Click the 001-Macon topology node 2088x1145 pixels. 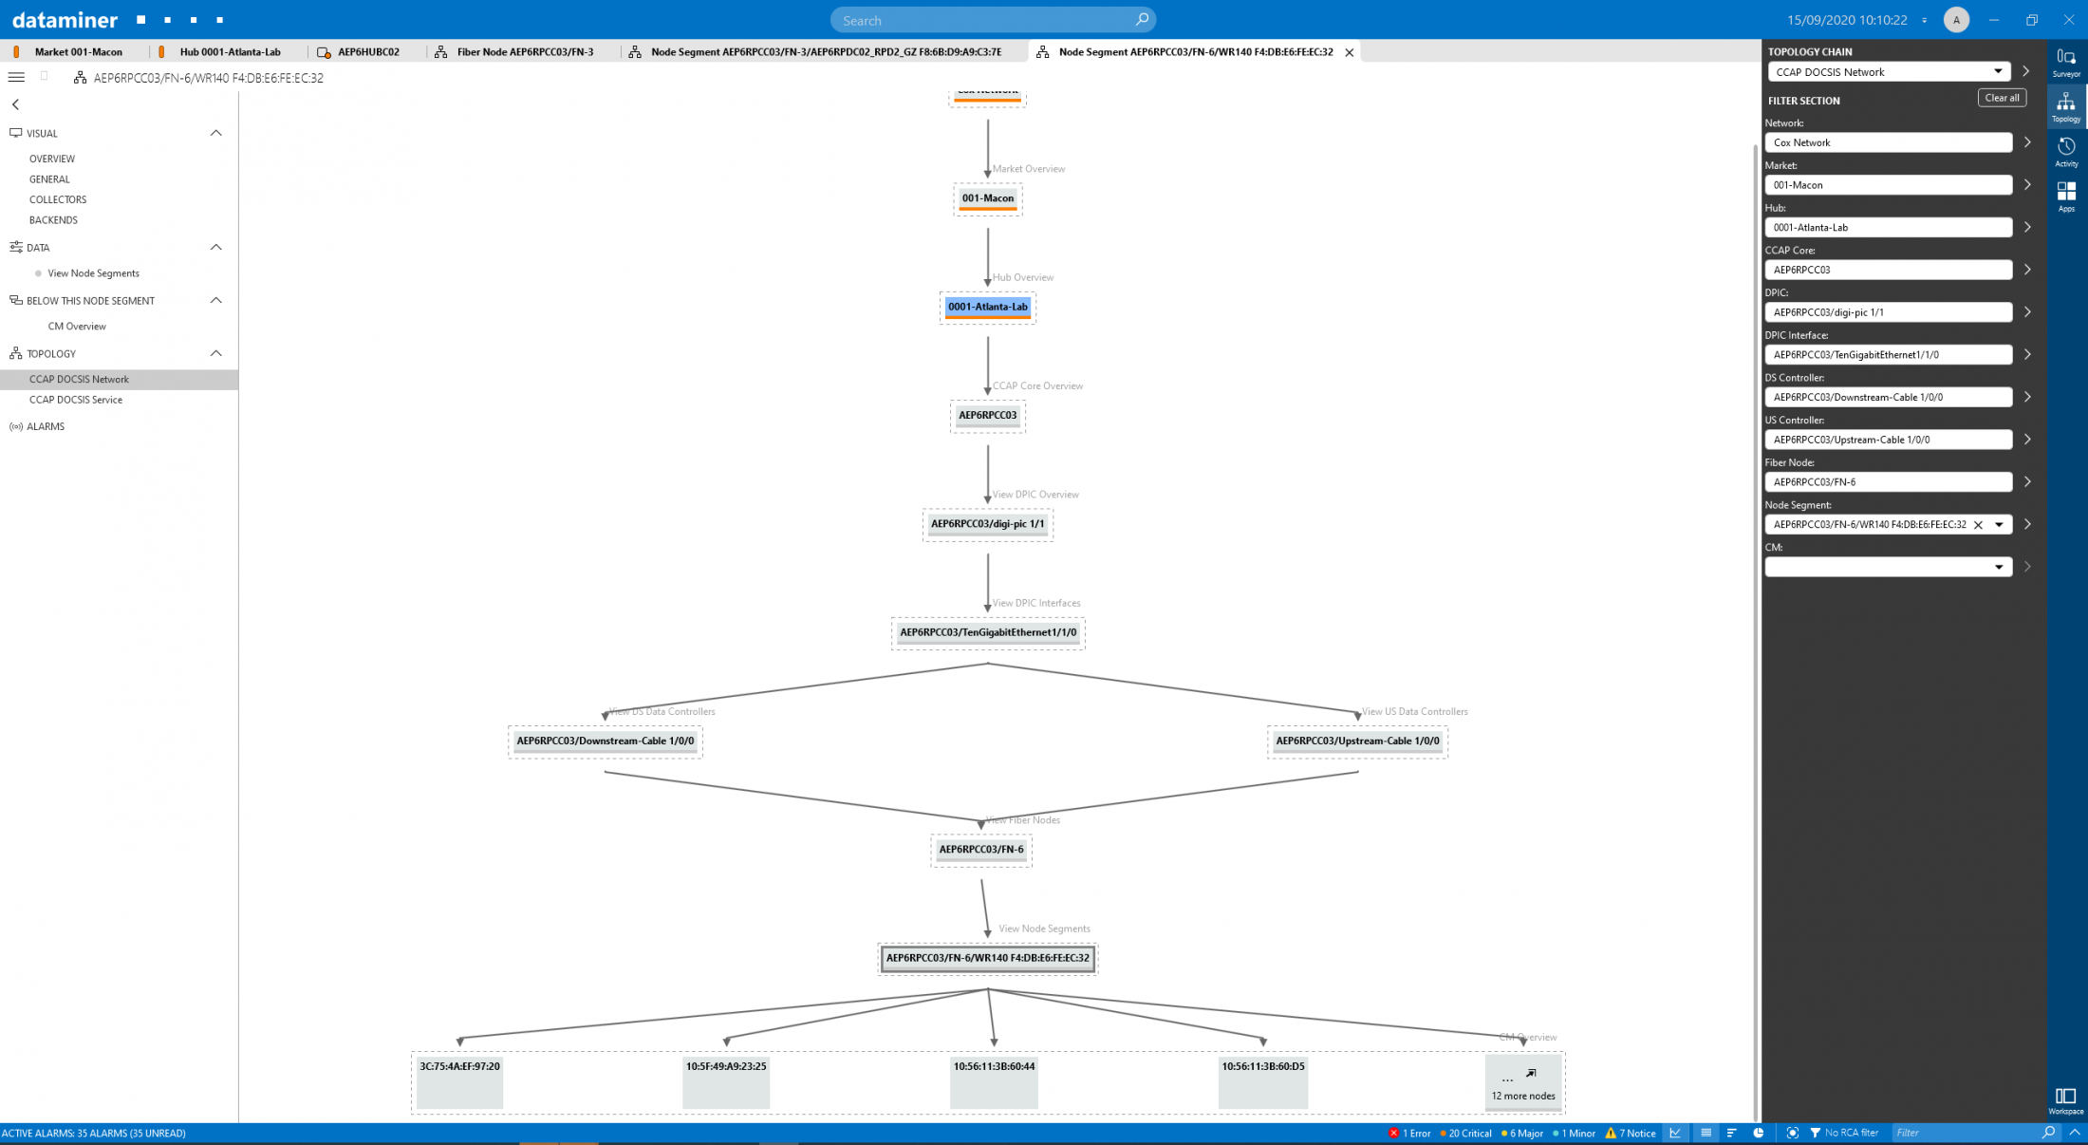(987, 198)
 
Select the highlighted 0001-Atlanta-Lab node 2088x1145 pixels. (987, 307)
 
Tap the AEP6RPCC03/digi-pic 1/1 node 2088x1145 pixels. (987, 524)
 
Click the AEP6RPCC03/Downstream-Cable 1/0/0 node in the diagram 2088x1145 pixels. (605, 741)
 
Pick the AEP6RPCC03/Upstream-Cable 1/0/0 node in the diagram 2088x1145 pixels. (1357, 741)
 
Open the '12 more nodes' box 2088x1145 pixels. (1522, 1082)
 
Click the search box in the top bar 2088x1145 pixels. (987, 20)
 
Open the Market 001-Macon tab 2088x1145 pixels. (78, 52)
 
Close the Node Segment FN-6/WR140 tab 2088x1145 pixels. (1349, 52)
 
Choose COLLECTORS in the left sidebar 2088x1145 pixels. (58, 199)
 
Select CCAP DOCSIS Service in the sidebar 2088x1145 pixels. (76, 400)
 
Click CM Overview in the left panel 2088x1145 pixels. (77, 327)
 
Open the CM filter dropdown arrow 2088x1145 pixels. (1998, 567)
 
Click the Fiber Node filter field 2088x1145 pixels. (1887, 482)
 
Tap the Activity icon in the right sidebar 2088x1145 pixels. (2065, 151)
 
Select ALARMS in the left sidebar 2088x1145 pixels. (46, 426)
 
